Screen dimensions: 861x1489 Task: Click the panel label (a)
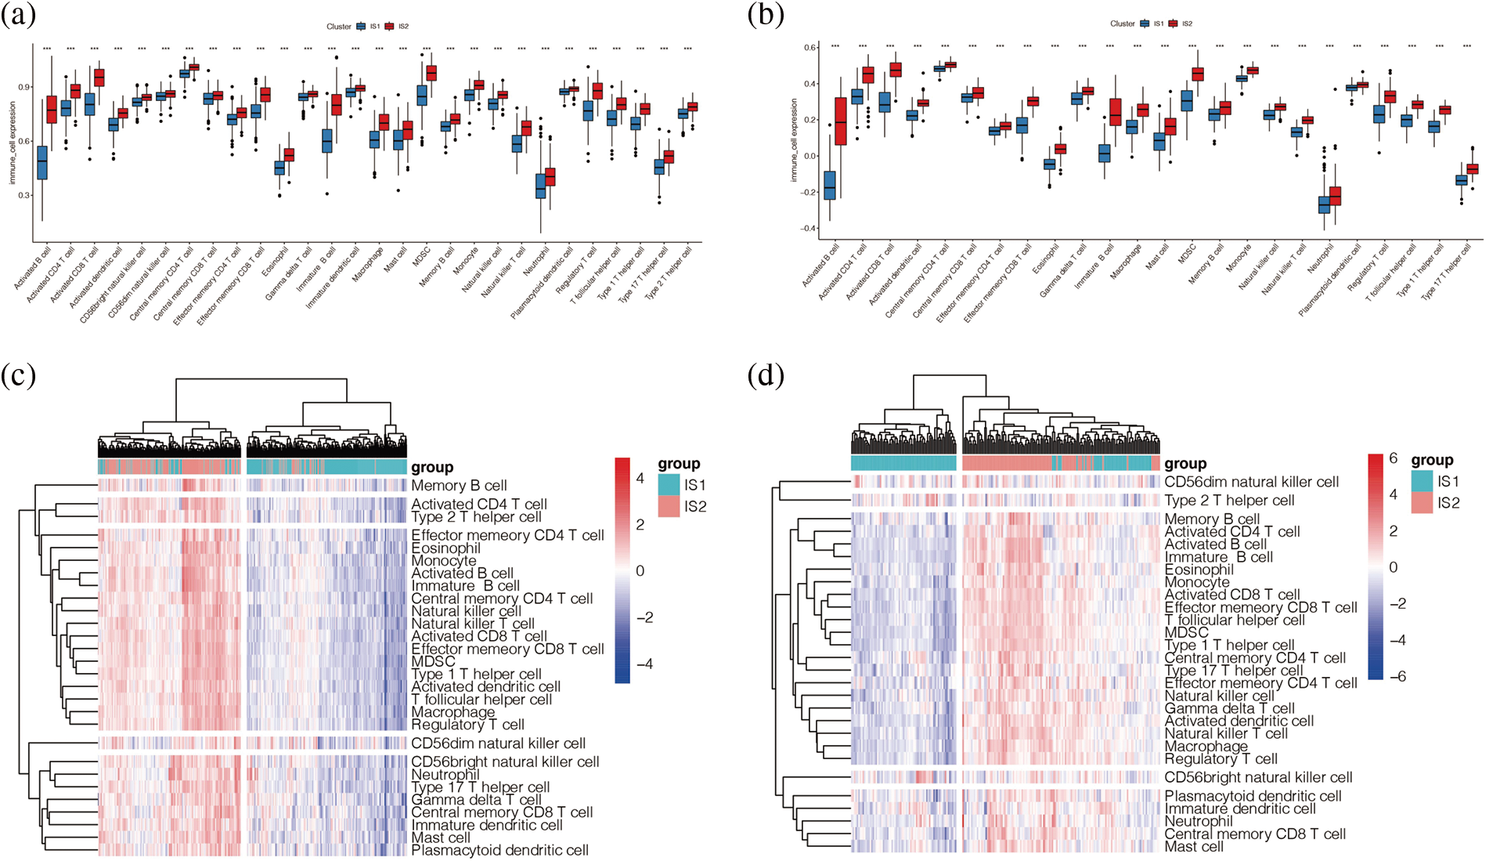coord(19,16)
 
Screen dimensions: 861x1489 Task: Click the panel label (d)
coord(765,376)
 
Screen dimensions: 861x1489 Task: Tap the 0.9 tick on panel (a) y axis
coord(23,87)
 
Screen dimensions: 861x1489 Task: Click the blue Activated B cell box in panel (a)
coord(41,162)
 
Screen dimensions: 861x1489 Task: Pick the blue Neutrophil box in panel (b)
coord(1324,204)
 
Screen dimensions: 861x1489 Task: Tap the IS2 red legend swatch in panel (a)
coord(389,27)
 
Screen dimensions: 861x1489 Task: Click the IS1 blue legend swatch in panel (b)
coord(1145,24)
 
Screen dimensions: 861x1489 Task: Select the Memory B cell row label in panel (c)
coord(459,486)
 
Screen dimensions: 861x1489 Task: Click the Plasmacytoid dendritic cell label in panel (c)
coord(499,850)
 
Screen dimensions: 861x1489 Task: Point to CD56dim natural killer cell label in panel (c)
coord(498,743)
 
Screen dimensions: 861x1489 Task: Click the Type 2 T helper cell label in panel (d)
coord(1229,501)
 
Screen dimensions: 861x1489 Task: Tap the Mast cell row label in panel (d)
coord(1194,847)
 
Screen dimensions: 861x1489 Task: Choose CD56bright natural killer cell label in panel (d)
coord(1258,777)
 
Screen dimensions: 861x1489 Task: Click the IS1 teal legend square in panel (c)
coord(669,485)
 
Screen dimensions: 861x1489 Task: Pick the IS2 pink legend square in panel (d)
coord(1422,502)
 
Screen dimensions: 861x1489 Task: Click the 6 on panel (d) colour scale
coord(1393,458)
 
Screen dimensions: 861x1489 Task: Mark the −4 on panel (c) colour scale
coord(644,664)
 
